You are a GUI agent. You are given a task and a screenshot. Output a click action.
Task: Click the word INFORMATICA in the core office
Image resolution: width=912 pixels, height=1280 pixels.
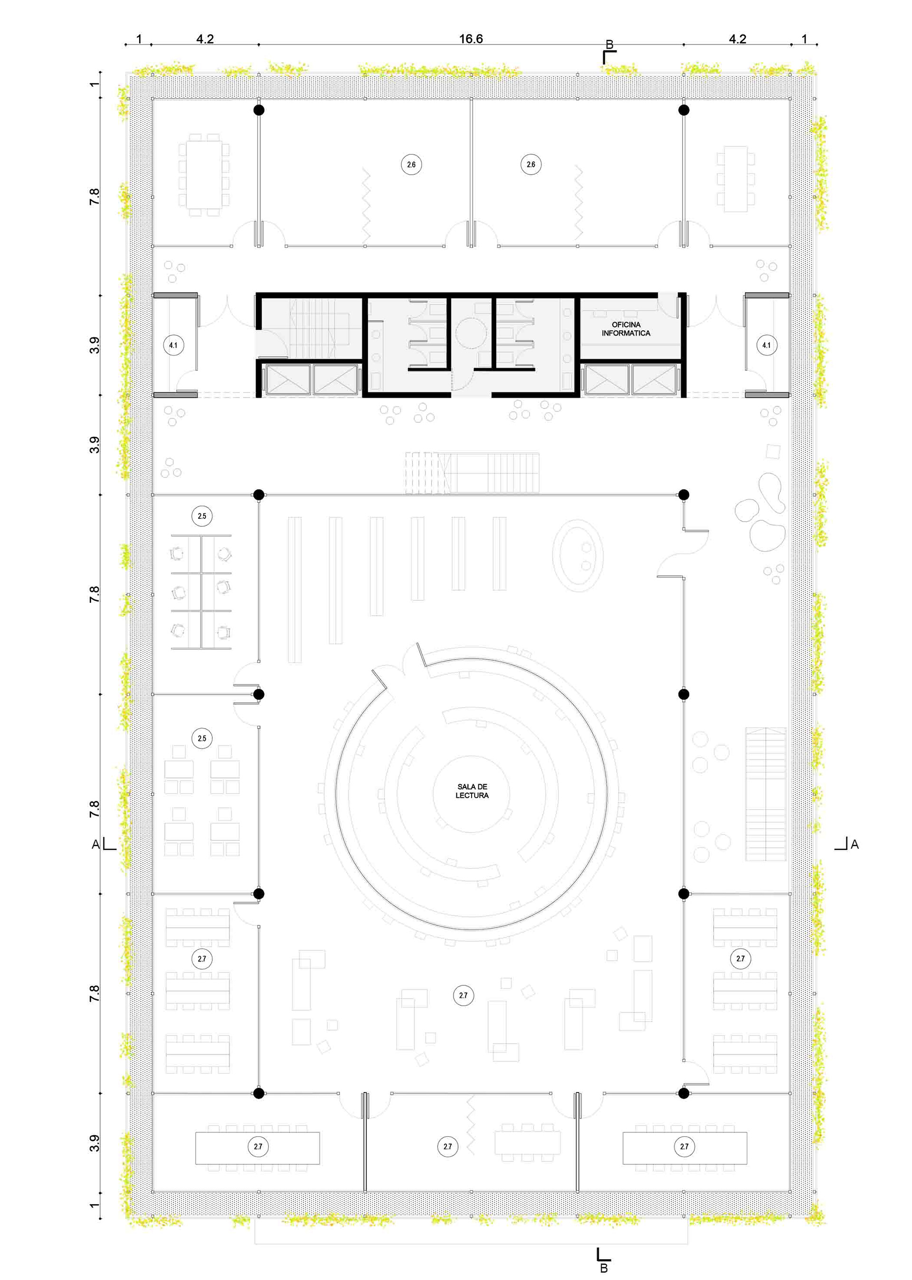(626, 333)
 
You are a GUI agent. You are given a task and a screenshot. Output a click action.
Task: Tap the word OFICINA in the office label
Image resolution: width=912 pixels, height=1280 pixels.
(626, 325)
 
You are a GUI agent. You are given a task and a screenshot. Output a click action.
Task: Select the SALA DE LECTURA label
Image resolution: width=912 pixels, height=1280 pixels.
(472, 791)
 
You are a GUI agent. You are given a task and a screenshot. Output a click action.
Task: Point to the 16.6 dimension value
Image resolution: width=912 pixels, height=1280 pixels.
(471, 39)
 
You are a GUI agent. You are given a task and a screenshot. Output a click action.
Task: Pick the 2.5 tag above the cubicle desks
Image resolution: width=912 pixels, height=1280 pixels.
(202, 516)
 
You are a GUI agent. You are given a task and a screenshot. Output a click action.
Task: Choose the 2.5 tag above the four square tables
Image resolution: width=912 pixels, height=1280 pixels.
(202, 738)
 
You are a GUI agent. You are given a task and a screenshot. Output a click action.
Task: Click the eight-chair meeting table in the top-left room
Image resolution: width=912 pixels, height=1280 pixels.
(204, 175)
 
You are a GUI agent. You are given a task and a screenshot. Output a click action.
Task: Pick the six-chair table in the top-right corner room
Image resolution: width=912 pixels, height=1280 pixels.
(736, 179)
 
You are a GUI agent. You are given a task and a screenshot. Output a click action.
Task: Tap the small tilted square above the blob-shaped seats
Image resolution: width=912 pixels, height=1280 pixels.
(773, 451)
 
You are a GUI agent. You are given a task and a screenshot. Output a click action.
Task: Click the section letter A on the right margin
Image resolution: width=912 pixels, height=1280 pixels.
(854, 844)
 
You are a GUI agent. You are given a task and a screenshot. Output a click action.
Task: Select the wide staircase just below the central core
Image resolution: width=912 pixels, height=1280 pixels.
(472, 473)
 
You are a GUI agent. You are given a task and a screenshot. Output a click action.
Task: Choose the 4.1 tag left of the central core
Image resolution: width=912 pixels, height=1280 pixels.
(173, 345)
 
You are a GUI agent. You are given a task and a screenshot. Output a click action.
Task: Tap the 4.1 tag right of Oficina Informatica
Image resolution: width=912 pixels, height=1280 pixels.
(767, 345)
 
